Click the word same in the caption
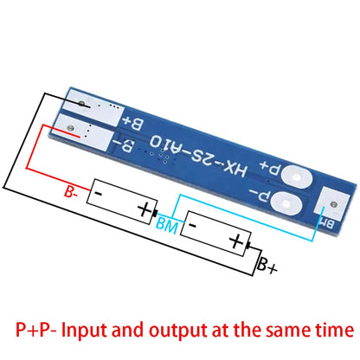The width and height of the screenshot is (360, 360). coord(288,330)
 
